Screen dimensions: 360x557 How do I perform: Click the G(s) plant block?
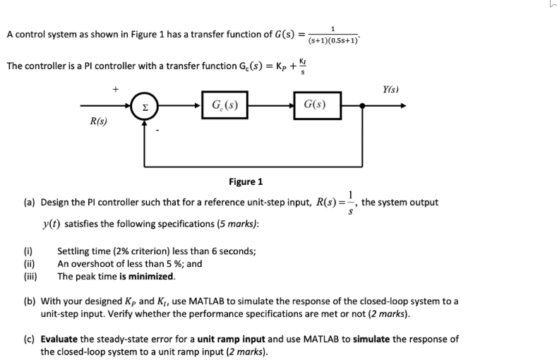(314, 106)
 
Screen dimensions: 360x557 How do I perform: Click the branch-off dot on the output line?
(362, 106)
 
